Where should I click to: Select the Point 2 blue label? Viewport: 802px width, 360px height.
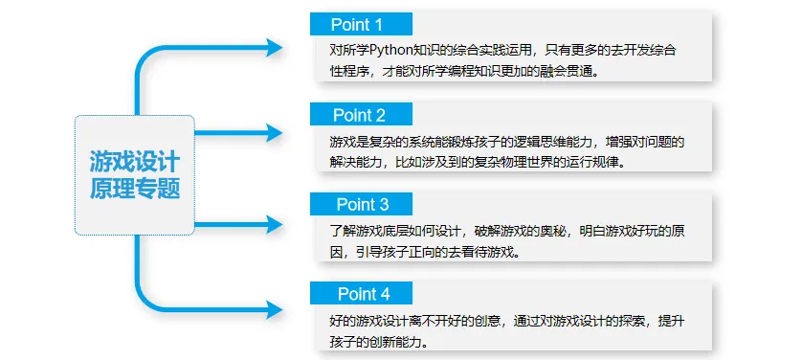360,116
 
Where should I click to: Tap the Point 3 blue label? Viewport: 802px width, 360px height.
362,205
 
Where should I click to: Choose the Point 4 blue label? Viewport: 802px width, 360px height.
364,294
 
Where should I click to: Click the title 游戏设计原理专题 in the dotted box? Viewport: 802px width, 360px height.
135,173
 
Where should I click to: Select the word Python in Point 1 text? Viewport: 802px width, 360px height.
389,51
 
